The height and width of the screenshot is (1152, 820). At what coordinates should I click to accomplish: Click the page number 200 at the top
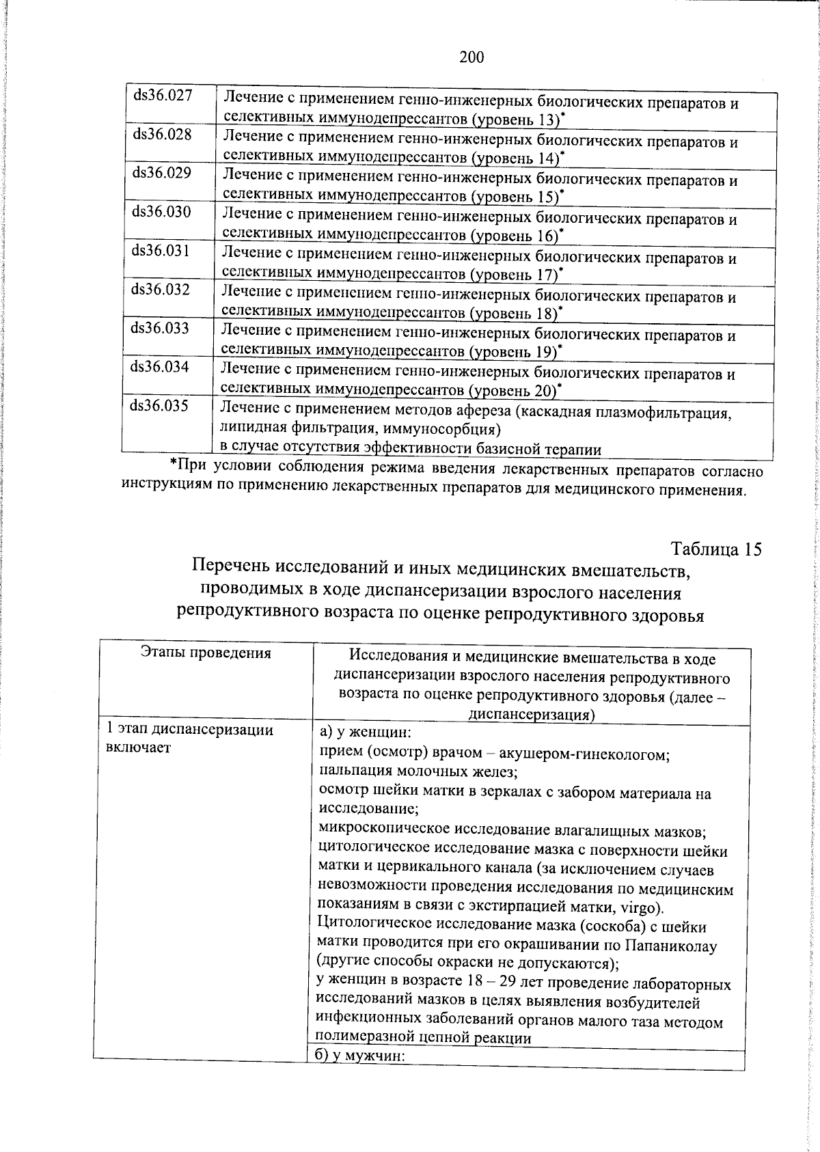coord(471,57)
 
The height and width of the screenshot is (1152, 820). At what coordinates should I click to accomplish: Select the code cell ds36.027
coord(163,95)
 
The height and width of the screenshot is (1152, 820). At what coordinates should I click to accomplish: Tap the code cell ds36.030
coord(161,212)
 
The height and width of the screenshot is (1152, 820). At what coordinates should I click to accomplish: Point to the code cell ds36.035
coord(159,406)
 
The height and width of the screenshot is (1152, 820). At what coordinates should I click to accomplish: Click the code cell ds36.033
coord(160,328)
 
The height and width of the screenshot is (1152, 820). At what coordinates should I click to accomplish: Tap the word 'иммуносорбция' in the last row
coord(452,430)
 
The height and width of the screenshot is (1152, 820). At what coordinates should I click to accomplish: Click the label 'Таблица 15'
coord(716,549)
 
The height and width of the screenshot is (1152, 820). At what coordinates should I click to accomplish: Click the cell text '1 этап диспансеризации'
coord(190,730)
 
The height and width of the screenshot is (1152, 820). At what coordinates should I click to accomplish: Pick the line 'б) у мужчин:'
coord(364,1056)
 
